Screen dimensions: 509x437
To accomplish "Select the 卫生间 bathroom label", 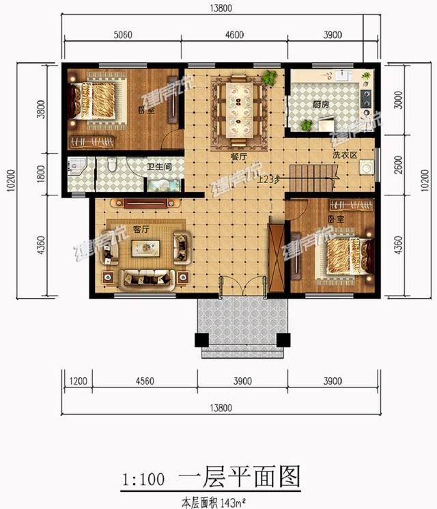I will tap(159, 166).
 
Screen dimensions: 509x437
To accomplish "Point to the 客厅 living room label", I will tap(141, 230).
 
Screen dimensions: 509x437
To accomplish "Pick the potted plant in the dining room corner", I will tap(270, 77).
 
